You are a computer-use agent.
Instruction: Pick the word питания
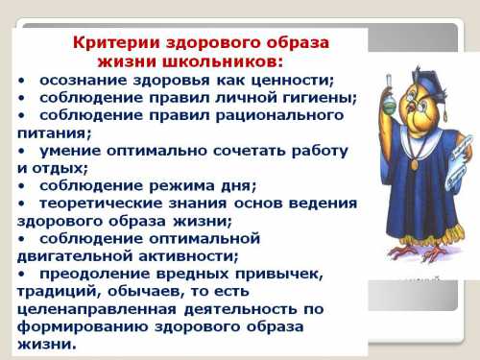pyautogui.click(x=55, y=132)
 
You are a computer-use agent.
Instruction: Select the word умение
pyautogui.click(x=69, y=151)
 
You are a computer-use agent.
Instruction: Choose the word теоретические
pyautogui.click(x=103, y=204)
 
